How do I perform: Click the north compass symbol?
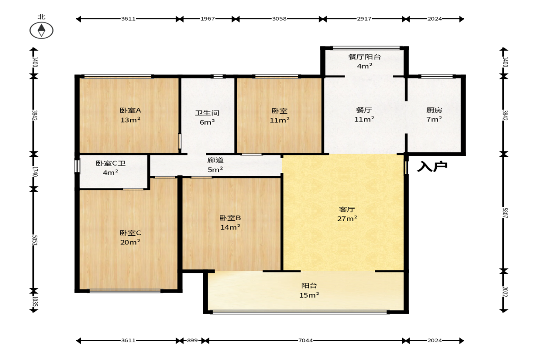(x=41, y=30)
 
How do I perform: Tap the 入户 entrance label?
(x=432, y=166)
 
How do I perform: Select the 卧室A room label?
(x=130, y=111)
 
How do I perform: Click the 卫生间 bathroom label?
(x=207, y=113)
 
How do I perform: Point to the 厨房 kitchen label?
(x=434, y=110)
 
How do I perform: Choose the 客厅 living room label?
(x=347, y=209)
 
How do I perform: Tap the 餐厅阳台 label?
(x=364, y=57)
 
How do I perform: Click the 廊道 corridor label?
(x=215, y=161)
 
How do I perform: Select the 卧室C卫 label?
(x=111, y=163)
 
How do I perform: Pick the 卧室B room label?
(x=230, y=218)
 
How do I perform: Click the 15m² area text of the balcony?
(x=309, y=295)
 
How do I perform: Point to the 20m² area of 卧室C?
(x=130, y=242)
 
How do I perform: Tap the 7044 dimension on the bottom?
(x=306, y=340)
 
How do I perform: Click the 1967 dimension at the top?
(x=208, y=19)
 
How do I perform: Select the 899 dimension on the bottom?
(x=193, y=340)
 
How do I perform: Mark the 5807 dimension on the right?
(x=505, y=213)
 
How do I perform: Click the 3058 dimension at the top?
(x=279, y=19)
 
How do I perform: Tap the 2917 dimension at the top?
(x=364, y=19)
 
